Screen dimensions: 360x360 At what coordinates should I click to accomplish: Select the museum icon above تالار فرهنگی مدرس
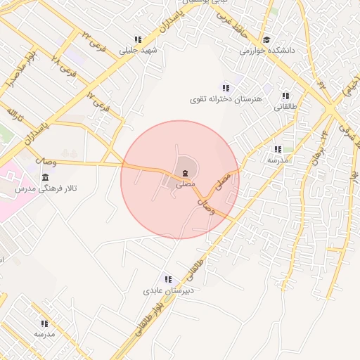[x=45, y=176]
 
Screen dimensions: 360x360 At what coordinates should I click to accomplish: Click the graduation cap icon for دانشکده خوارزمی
[x=266, y=40]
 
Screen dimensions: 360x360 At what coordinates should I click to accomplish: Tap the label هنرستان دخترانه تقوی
[x=226, y=99]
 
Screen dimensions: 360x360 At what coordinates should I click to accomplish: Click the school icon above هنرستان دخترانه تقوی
[x=226, y=88]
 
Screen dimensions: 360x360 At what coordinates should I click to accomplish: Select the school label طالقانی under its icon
[x=285, y=107]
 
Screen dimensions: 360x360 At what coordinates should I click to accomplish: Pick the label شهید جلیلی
[x=139, y=51]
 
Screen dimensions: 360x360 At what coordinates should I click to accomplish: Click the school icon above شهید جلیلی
[x=138, y=40]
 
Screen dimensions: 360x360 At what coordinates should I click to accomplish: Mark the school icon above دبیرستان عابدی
[x=167, y=279]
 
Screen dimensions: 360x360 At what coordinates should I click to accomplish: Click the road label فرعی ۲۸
[x=65, y=67]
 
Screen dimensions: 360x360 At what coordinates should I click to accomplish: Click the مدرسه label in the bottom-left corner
[x=44, y=334]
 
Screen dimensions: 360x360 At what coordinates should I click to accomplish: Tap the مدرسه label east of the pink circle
[x=277, y=160]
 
